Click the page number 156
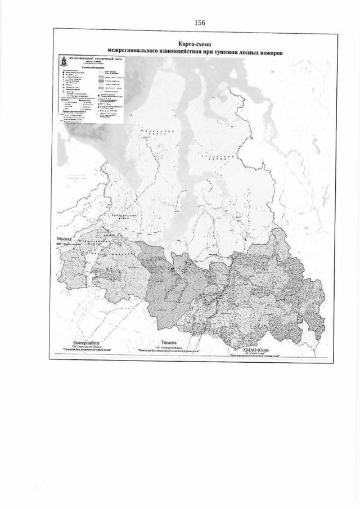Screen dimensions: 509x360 coord(200,22)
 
